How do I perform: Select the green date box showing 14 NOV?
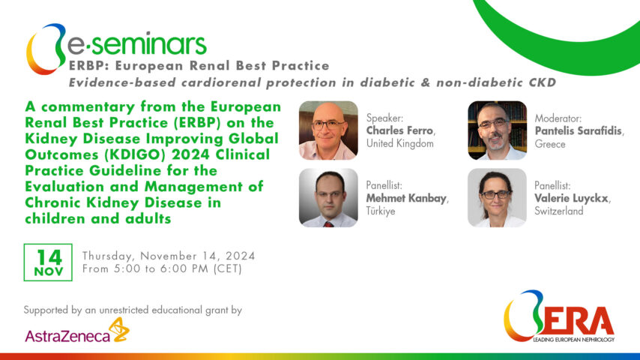coord(48,262)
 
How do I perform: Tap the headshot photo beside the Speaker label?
coord(327,130)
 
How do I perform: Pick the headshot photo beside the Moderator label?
coord(497,130)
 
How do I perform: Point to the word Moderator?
coord(558,118)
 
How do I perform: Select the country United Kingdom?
coord(400,143)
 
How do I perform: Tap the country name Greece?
coord(550,143)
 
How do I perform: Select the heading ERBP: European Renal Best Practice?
coord(199,66)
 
